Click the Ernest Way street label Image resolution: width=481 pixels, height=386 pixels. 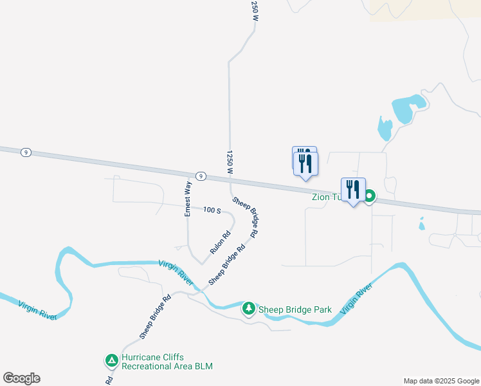click(188, 199)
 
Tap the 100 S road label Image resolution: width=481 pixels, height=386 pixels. click(212, 210)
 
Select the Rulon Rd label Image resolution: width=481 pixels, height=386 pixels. click(220, 242)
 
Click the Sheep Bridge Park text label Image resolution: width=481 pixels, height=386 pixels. click(295, 309)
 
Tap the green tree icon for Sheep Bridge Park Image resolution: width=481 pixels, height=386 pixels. click(249, 309)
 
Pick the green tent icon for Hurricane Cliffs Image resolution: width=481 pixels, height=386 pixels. click(111, 361)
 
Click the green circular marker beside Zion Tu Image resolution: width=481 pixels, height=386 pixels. click(369, 196)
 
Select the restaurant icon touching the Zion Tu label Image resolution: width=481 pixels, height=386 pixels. click(353, 190)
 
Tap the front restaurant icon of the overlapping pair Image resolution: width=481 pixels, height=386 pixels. click(306, 164)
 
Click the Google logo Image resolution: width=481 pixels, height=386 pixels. click(21, 378)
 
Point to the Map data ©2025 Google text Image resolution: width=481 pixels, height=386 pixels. click(441, 381)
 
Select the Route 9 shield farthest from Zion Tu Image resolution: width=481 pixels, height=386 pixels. click(26, 152)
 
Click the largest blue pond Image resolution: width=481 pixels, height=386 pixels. click(408, 106)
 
